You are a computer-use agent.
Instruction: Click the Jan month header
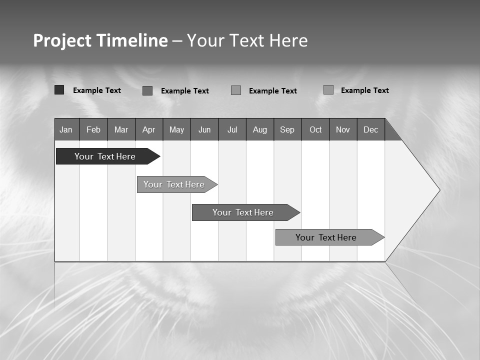(66, 129)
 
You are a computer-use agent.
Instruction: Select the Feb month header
(93, 129)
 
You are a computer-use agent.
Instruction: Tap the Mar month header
(121, 129)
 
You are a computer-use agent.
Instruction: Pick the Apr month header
(149, 129)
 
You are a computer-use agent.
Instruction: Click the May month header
(176, 129)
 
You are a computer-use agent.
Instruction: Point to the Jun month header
(204, 129)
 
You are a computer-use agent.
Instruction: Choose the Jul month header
(232, 129)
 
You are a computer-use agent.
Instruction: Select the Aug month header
(260, 129)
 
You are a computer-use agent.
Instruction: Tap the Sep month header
(287, 129)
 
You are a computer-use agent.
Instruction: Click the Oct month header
(315, 129)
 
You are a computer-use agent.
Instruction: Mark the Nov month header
(343, 129)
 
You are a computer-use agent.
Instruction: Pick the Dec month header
(371, 129)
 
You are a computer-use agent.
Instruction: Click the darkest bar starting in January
(105, 156)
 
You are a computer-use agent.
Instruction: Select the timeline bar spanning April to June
(174, 184)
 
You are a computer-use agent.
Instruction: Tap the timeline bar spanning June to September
(243, 212)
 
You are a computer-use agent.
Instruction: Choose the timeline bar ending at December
(326, 237)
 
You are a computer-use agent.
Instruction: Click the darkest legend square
(59, 90)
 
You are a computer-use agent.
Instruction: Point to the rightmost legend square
(328, 90)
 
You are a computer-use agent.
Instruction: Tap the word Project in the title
(62, 40)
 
